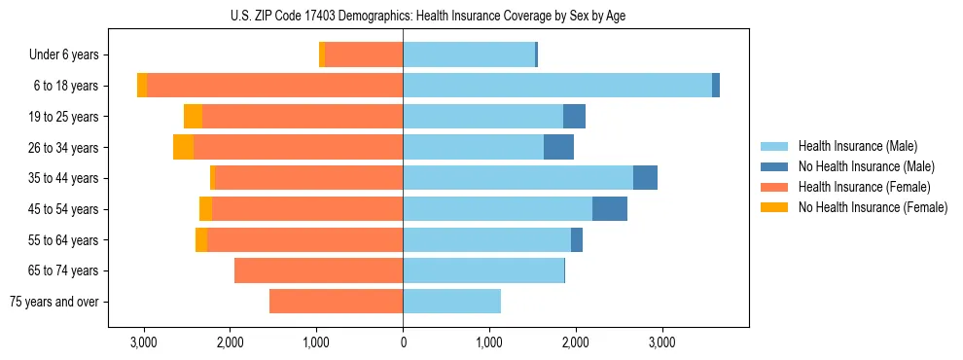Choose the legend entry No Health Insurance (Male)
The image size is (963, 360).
[866, 166]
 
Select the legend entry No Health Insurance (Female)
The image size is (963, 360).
[873, 207]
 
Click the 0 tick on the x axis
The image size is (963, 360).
[403, 342]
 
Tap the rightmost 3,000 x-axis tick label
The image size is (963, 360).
[661, 342]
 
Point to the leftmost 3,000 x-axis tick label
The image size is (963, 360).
[144, 342]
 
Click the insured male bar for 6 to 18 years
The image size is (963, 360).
[557, 86]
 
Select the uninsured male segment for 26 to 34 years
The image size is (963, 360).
[558, 147]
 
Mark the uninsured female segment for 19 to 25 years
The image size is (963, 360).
[193, 117]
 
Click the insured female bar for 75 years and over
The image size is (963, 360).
[336, 302]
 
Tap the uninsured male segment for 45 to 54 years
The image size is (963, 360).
[610, 209]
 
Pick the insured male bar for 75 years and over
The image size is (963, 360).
[451, 302]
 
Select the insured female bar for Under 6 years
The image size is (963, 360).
[364, 55]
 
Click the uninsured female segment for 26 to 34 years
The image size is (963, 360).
[183, 147]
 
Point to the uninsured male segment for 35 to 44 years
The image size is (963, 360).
[645, 178]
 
